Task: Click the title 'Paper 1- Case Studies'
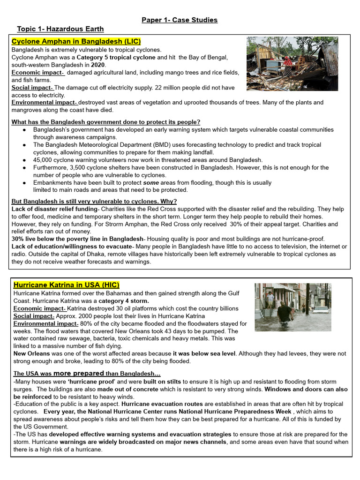[x=180, y=20]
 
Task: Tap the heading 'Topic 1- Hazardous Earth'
[x=60, y=29]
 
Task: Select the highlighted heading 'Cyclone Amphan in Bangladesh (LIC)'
[x=76, y=42]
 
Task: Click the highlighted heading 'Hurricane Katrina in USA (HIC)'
[x=67, y=285]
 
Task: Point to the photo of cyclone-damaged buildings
[x=292, y=64]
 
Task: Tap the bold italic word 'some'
[x=150, y=183]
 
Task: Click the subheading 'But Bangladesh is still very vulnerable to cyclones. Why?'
[x=94, y=202]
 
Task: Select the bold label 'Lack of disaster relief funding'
[x=54, y=209]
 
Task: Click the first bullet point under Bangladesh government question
[x=24, y=130]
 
